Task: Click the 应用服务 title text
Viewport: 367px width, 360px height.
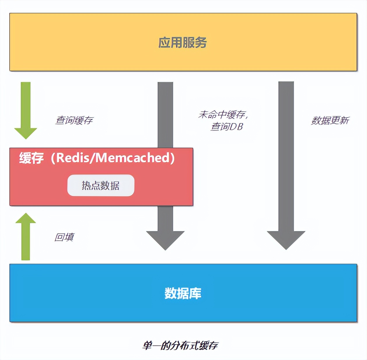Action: coord(183,43)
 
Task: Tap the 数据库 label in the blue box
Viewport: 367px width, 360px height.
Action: coord(183,293)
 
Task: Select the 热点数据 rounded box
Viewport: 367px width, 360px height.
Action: coord(101,186)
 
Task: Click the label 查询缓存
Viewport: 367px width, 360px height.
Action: coord(74,120)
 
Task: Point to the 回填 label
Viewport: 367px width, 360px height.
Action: coord(64,237)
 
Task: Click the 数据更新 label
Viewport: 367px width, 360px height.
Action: coord(330,120)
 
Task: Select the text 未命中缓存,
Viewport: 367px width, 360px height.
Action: coord(223,115)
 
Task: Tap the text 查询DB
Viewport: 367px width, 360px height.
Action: coord(227,127)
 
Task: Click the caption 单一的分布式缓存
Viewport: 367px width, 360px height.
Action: coord(180,345)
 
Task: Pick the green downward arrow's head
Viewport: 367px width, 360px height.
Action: coord(26,133)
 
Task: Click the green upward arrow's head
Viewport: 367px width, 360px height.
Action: coord(26,219)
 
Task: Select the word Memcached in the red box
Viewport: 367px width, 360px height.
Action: coord(133,158)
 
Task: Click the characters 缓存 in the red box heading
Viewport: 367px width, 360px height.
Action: coord(32,158)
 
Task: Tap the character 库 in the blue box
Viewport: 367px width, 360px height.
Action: coord(195,293)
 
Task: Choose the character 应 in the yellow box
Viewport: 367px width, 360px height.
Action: coord(164,43)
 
